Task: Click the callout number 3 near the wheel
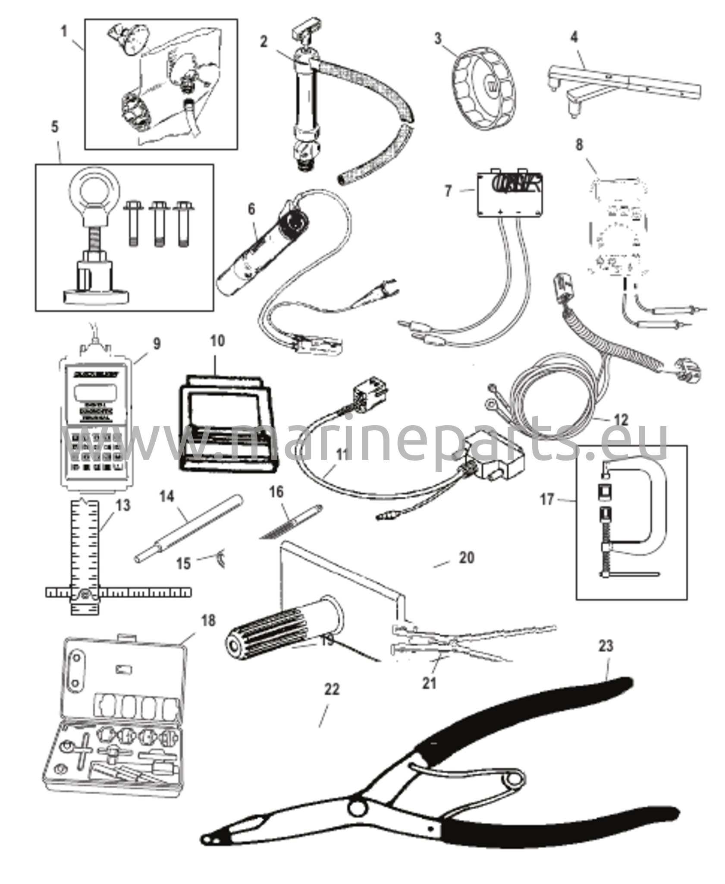pyautogui.click(x=438, y=38)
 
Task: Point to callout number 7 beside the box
pyautogui.click(x=449, y=190)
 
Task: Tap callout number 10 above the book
pyautogui.click(x=217, y=341)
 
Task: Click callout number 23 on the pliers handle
pyautogui.click(x=606, y=646)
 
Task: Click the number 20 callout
pyautogui.click(x=466, y=557)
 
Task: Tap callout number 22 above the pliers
pyautogui.click(x=332, y=689)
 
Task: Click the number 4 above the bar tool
pyautogui.click(x=574, y=38)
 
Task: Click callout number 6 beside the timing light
pyautogui.click(x=251, y=209)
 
